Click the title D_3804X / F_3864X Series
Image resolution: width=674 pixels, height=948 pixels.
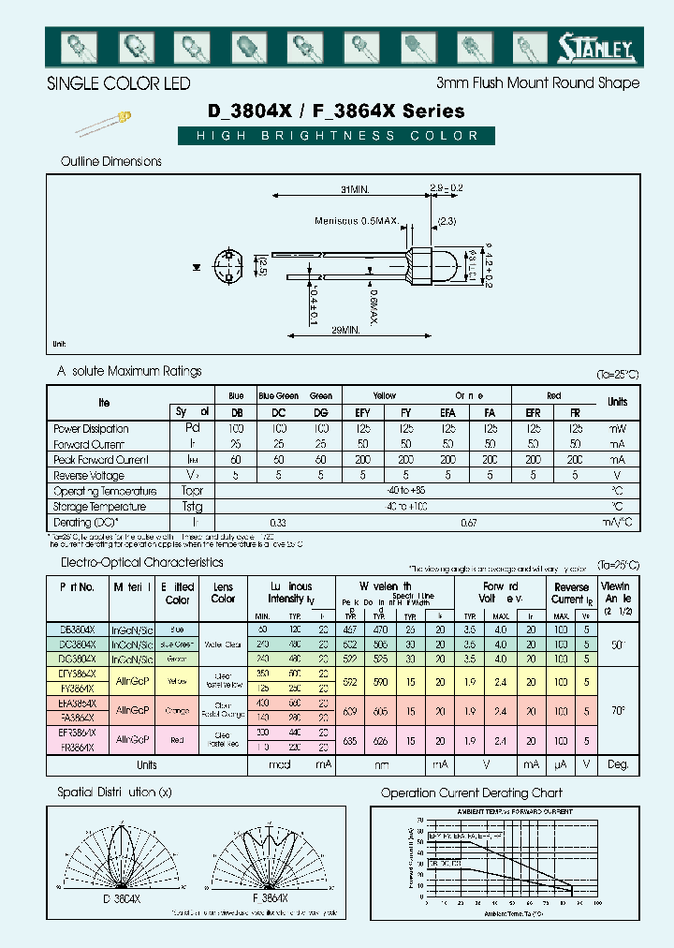pos(336,111)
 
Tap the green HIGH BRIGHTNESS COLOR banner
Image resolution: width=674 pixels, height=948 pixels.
pos(336,136)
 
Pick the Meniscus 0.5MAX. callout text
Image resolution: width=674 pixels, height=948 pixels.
pos(356,221)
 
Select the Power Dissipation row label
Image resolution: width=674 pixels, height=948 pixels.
pos(92,428)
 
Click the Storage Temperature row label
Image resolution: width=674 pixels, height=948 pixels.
pos(100,507)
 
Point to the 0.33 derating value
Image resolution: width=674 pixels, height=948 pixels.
pos(277,522)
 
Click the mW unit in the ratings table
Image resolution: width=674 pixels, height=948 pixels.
pos(618,428)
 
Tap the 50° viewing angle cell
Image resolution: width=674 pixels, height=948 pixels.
pos(618,645)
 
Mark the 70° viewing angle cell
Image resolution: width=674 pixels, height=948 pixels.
pos(618,710)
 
